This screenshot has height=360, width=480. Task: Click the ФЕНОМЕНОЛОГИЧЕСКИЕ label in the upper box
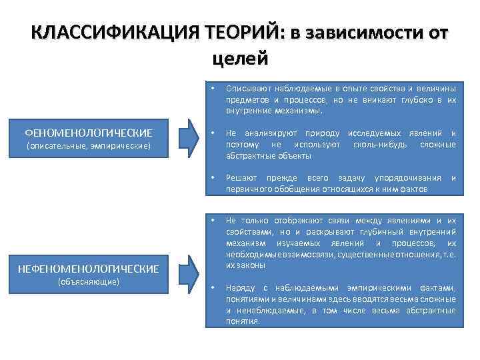click(x=88, y=132)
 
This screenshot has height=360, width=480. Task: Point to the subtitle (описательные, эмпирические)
click(x=88, y=145)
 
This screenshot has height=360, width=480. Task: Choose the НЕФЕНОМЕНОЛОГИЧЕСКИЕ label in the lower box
click(x=88, y=269)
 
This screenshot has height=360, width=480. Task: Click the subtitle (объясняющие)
click(x=88, y=281)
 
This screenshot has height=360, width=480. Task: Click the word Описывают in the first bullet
click(x=245, y=88)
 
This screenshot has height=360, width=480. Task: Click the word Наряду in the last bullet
click(x=239, y=287)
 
